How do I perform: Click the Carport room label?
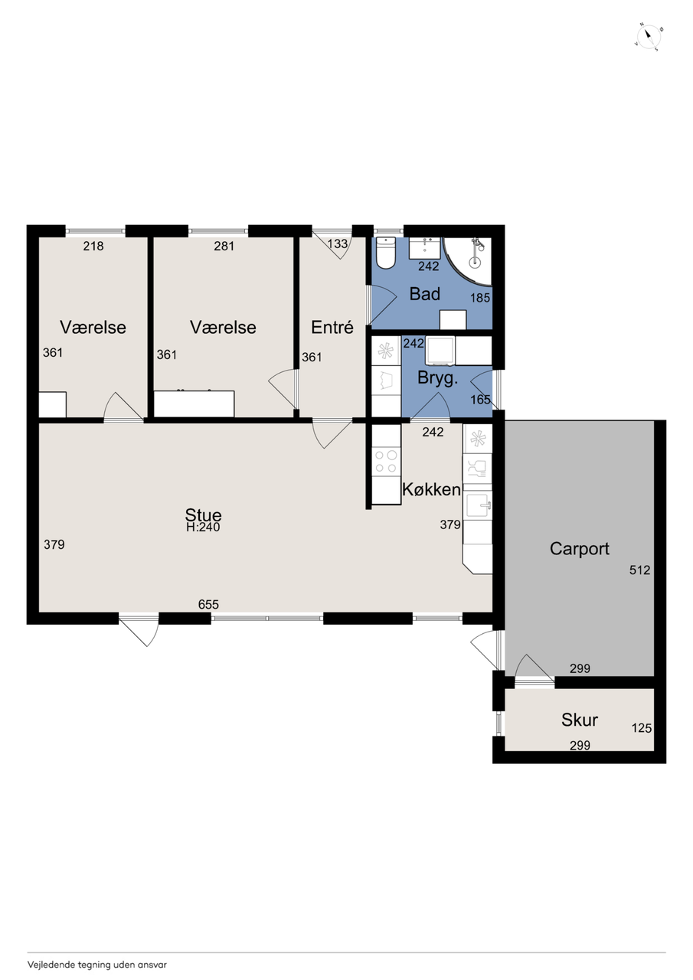pos(579,549)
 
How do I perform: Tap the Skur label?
pos(579,720)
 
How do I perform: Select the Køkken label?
pos(431,489)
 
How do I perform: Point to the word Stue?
pos(203,515)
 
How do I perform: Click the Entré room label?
pos(332,327)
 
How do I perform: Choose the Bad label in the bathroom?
pos(424,294)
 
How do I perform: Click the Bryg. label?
pos(437,378)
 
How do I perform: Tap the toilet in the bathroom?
pos(385,253)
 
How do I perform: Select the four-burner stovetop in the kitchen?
pos(386,462)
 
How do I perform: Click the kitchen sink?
pos(479,505)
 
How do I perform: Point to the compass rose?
pos(649,37)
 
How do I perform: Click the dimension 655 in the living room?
pos(208,604)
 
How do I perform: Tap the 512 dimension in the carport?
pos(639,570)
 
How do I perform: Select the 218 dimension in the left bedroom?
pos(93,247)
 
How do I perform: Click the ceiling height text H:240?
pos(203,528)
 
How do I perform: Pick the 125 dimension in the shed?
pos(642,728)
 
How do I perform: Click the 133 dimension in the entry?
pos(338,243)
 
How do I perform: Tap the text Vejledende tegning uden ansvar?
pos(97,965)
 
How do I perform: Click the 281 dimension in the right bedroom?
pos(224,247)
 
